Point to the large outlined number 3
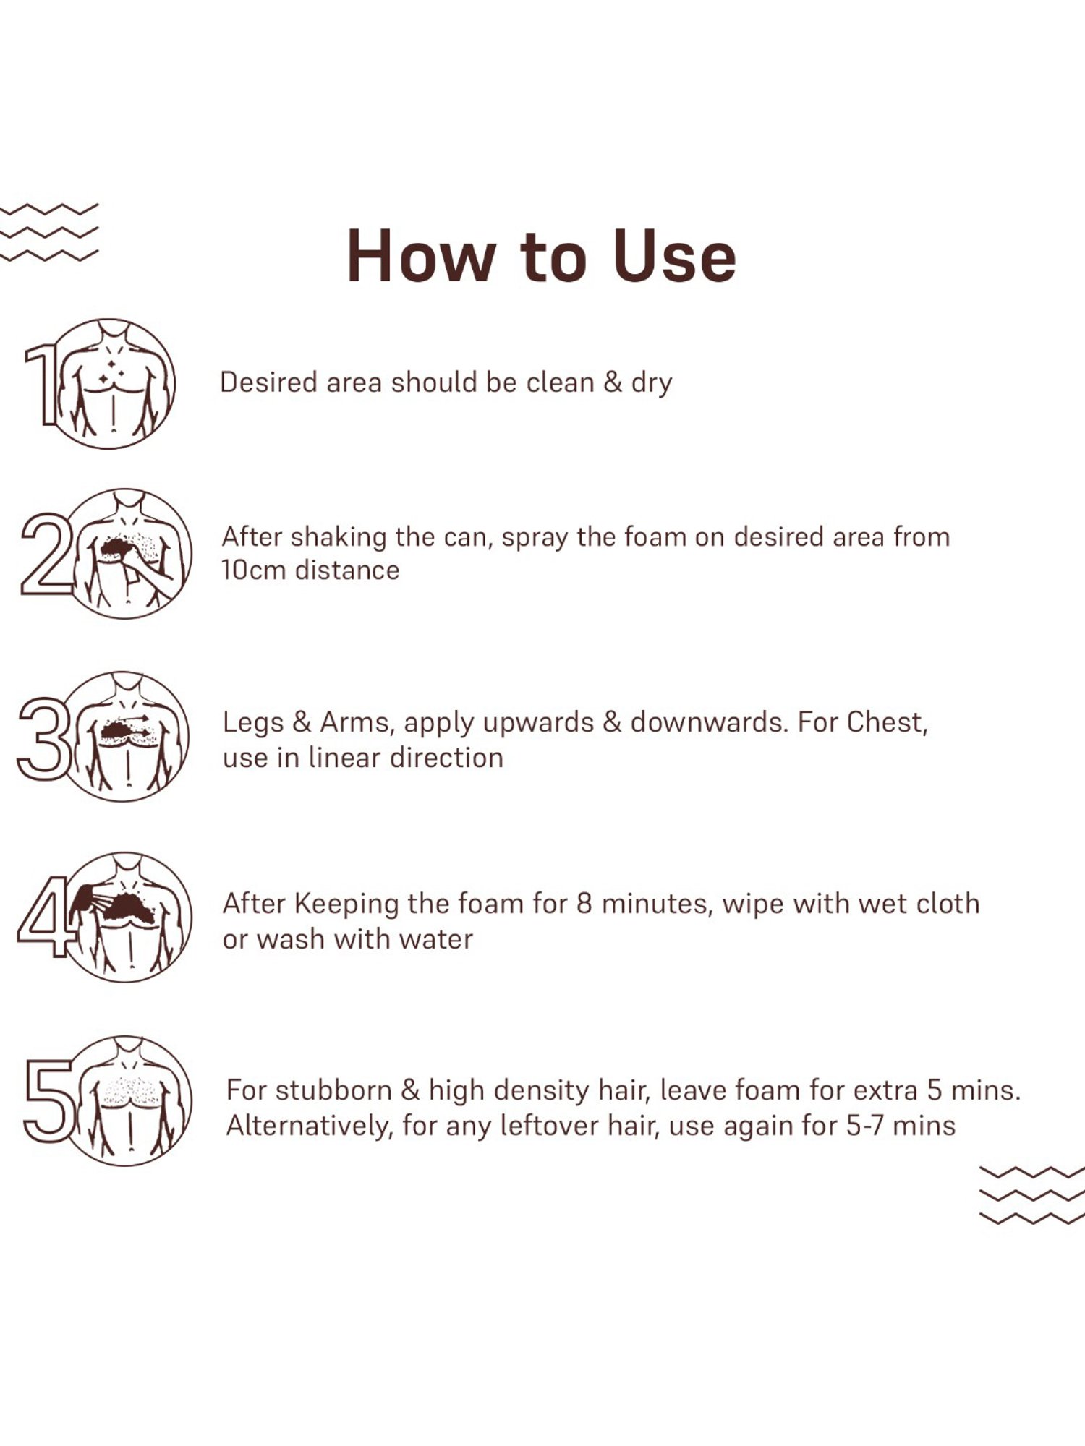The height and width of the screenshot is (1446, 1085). (43, 738)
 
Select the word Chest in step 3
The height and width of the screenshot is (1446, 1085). (887, 722)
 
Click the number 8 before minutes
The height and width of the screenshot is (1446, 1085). (584, 904)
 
